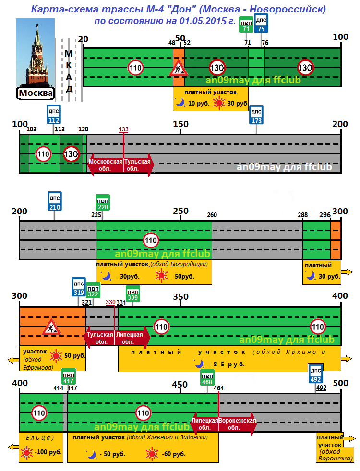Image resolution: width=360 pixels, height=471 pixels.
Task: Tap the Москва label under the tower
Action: click(x=36, y=92)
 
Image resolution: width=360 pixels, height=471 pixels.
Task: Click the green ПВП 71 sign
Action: click(x=246, y=26)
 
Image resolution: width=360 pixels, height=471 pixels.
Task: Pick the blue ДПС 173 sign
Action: click(x=256, y=115)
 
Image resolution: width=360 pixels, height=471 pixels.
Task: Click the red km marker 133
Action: click(x=123, y=130)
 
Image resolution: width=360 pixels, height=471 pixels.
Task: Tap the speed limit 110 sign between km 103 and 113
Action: click(x=44, y=154)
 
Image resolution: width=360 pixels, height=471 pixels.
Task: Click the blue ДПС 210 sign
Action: click(x=55, y=201)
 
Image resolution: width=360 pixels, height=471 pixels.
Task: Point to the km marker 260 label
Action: click(x=212, y=215)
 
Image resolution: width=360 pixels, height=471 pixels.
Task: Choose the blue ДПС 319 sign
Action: click(x=79, y=287)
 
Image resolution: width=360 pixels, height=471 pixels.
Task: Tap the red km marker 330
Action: click(x=110, y=302)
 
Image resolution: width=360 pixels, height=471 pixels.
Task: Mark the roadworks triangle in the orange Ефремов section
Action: click(x=51, y=328)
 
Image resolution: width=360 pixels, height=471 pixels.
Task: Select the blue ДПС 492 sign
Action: click(x=315, y=373)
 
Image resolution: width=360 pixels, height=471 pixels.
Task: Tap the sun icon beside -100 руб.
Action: click(x=27, y=452)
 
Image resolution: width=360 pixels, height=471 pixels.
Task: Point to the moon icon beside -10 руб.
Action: click(x=180, y=102)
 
